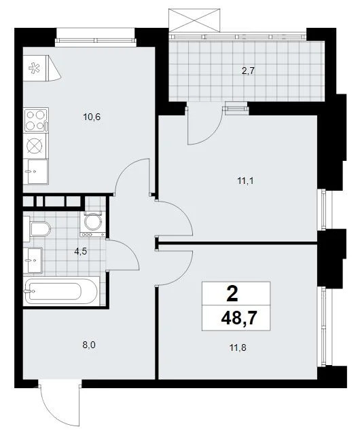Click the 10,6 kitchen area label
[92, 117]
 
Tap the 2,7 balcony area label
[248, 71]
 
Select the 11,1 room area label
[246, 181]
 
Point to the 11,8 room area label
[238, 347]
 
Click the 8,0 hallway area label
[89, 345]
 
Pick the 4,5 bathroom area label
[81, 251]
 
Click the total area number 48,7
[238, 318]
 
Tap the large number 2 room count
[232, 294]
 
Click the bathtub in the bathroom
[62, 291]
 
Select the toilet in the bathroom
[40, 229]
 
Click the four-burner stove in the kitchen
[36, 120]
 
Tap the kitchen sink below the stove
[36, 172]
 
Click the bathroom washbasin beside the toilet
[33, 260]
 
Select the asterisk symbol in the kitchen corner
[34, 68]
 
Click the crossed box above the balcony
[194, 20]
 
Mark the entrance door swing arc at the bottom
[55, 418]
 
